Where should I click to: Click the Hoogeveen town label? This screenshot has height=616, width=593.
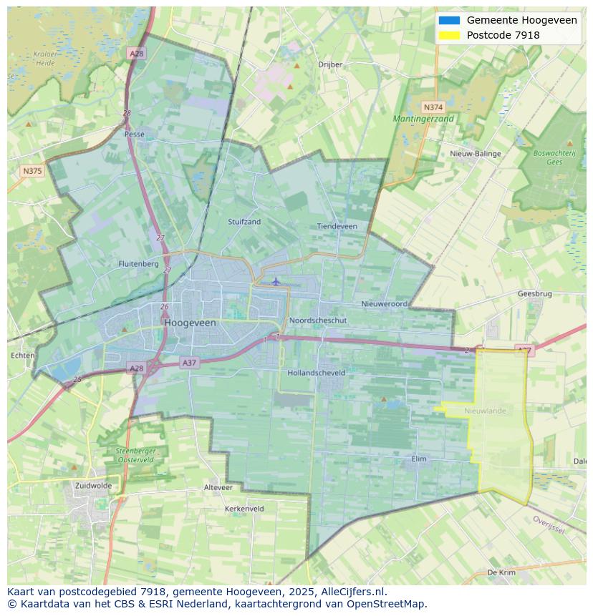[190, 323]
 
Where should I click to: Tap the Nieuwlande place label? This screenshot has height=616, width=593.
[485, 411]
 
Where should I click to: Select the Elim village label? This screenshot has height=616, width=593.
[420, 459]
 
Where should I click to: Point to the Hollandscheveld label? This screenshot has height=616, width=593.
[316, 373]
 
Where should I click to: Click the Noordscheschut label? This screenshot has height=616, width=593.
[318, 321]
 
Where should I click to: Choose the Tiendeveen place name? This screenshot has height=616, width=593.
[337, 226]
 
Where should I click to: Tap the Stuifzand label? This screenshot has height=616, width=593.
[244, 222]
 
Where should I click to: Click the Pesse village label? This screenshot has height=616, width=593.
[134, 134]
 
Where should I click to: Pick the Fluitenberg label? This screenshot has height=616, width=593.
[138, 264]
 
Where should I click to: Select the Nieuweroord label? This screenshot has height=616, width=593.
[384, 304]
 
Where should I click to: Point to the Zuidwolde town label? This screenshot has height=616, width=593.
[93, 485]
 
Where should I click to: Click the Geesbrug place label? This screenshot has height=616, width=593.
[534, 294]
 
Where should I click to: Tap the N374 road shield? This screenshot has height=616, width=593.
[430, 105]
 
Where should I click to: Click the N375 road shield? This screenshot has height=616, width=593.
[32, 171]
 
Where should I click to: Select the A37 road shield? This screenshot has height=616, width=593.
[189, 363]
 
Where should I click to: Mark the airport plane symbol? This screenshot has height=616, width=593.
[276, 281]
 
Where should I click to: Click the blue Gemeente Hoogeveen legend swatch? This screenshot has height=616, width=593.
[449, 20]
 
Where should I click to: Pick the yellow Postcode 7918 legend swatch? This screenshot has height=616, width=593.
[449, 35]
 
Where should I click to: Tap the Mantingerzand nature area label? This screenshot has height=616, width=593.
[423, 119]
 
